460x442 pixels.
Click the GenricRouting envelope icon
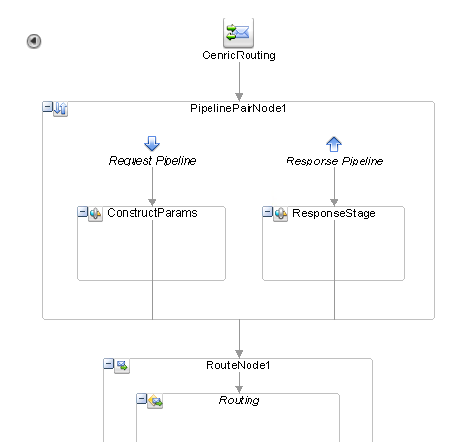(x=239, y=33)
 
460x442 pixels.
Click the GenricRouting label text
(x=239, y=55)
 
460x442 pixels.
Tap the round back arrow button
(x=34, y=41)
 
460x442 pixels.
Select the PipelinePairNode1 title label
(x=238, y=108)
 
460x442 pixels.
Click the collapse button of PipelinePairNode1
(x=48, y=107)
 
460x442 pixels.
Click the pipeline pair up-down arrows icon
(x=60, y=109)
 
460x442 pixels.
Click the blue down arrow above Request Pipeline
(x=152, y=143)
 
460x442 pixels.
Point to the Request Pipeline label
(x=152, y=161)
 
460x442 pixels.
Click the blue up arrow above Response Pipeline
(x=334, y=144)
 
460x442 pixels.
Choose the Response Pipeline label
(x=334, y=161)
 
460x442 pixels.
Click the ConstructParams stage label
(x=152, y=213)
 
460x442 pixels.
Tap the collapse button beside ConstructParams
(x=83, y=212)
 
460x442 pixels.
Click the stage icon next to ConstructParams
(x=96, y=214)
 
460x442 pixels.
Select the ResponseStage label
(x=334, y=213)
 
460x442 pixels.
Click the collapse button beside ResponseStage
(x=267, y=212)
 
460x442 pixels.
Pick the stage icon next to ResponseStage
(x=281, y=214)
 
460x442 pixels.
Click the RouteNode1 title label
(x=238, y=365)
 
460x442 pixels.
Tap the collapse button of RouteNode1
(x=109, y=364)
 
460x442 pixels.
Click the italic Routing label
(x=240, y=400)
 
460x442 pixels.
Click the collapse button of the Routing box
(x=142, y=399)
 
